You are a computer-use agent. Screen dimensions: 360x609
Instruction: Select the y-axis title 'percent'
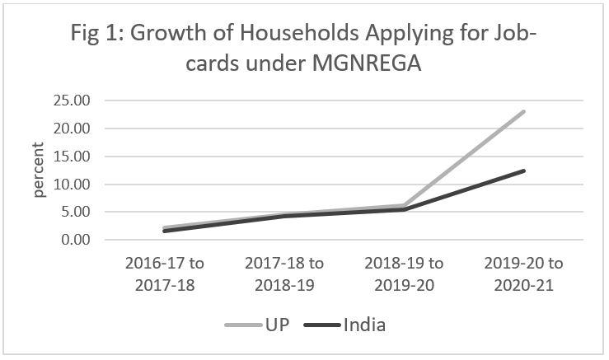click(39, 170)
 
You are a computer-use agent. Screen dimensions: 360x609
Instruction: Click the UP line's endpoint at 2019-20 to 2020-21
click(523, 111)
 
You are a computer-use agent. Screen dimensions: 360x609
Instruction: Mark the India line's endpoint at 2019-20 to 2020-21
click(523, 171)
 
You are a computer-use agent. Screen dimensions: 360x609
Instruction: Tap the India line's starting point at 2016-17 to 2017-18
click(165, 231)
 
